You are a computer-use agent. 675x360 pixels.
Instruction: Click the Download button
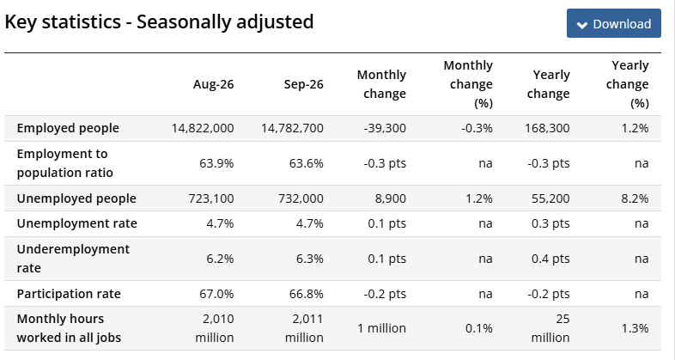pyautogui.click(x=613, y=23)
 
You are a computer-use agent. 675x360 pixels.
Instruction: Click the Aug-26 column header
pyautogui.click(x=213, y=84)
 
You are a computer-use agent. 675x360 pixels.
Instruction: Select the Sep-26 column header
pyautogui.click(x=303, y=84)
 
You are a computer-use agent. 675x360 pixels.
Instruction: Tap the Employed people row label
pyautogui.click(x=68, y=128)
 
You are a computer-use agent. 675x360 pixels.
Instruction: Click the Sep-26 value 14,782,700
pyautogui.click(x=292, y=128)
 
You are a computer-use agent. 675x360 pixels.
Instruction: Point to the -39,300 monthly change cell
pyautogui.click(x=385, y=128)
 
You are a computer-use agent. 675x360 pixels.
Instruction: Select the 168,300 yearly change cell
pyautogui.click(x=547, y=128)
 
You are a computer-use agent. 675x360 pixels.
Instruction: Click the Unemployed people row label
pyautogui.click(x=76, y=198)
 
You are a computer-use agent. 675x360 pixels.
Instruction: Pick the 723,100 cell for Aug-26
pyautogui.click(x=211, y=198)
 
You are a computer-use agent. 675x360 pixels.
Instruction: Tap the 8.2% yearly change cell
pyautogui.click(x=635, y=198)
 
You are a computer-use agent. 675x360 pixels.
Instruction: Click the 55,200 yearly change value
pyautogui.click(x=550, y=198)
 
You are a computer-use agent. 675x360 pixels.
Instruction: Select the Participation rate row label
pyautogui.click(x=69, y=294)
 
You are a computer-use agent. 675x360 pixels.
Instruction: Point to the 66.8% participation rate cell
pyautogui.click(x=306, y=294)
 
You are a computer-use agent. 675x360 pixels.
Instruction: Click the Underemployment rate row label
pyautogui.click(x=73, y=259)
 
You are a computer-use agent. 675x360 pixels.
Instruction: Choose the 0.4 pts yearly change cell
pyautogui.click(x=550, y=259)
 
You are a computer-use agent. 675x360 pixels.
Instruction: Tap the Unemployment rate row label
pyautogui.click(x=77, y=223)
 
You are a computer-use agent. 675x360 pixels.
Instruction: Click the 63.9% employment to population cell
pyautogui.click(x=216, y=163)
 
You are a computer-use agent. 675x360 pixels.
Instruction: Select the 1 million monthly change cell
pyautogui.click(x=382, y=328)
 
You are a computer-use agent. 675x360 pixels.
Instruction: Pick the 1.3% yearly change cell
pyautogui.click(x=635, y=328)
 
